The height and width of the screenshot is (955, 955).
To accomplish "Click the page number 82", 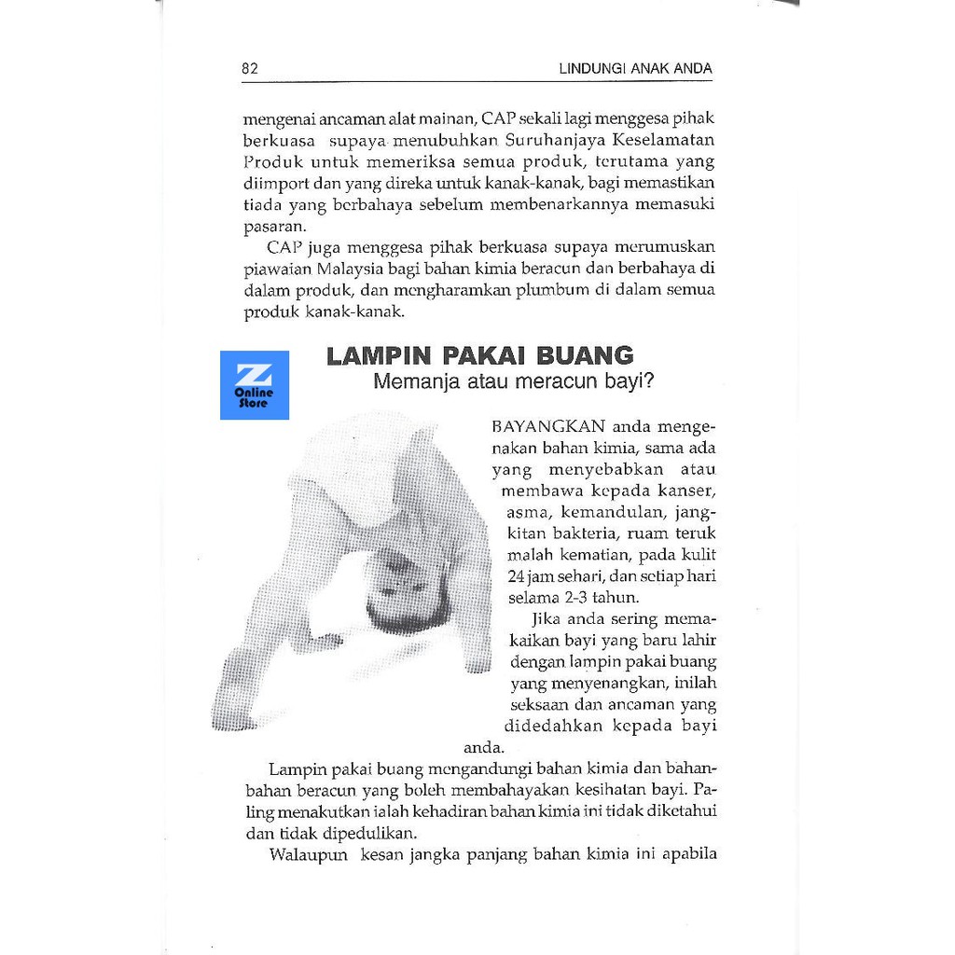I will pos(250,68).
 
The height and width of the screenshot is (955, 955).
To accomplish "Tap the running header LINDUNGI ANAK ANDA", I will pos(635,68).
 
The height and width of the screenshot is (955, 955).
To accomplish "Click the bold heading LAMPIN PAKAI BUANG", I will pos(479,355).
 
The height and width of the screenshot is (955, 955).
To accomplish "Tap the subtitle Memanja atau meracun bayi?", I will pos(513,381).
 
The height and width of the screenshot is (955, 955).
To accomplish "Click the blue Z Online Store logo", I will pos(255,385).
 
